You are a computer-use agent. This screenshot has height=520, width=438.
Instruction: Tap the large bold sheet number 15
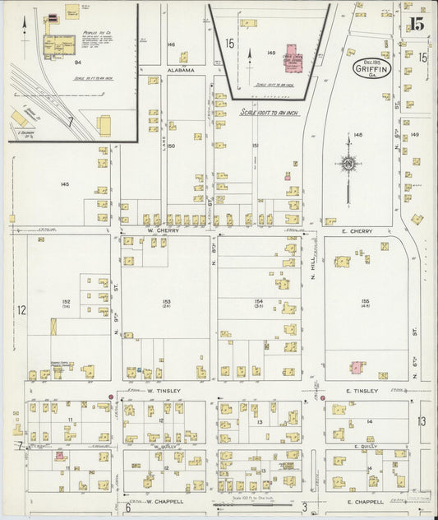[417, 24]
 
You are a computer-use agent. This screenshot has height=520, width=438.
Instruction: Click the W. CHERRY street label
[163, 231]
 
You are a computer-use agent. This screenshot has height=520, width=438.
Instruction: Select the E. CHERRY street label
[358, 231]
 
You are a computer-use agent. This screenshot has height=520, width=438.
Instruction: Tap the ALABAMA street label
[182, 71]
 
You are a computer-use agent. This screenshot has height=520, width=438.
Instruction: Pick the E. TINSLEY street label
[362, 392]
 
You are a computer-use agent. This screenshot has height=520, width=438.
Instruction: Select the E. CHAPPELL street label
[366, 501]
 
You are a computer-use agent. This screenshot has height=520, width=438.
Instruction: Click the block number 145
[64, 184]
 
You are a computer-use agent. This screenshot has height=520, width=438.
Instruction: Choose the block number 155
[365, 301]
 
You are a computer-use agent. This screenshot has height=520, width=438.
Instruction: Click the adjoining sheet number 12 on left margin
[21, 310]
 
